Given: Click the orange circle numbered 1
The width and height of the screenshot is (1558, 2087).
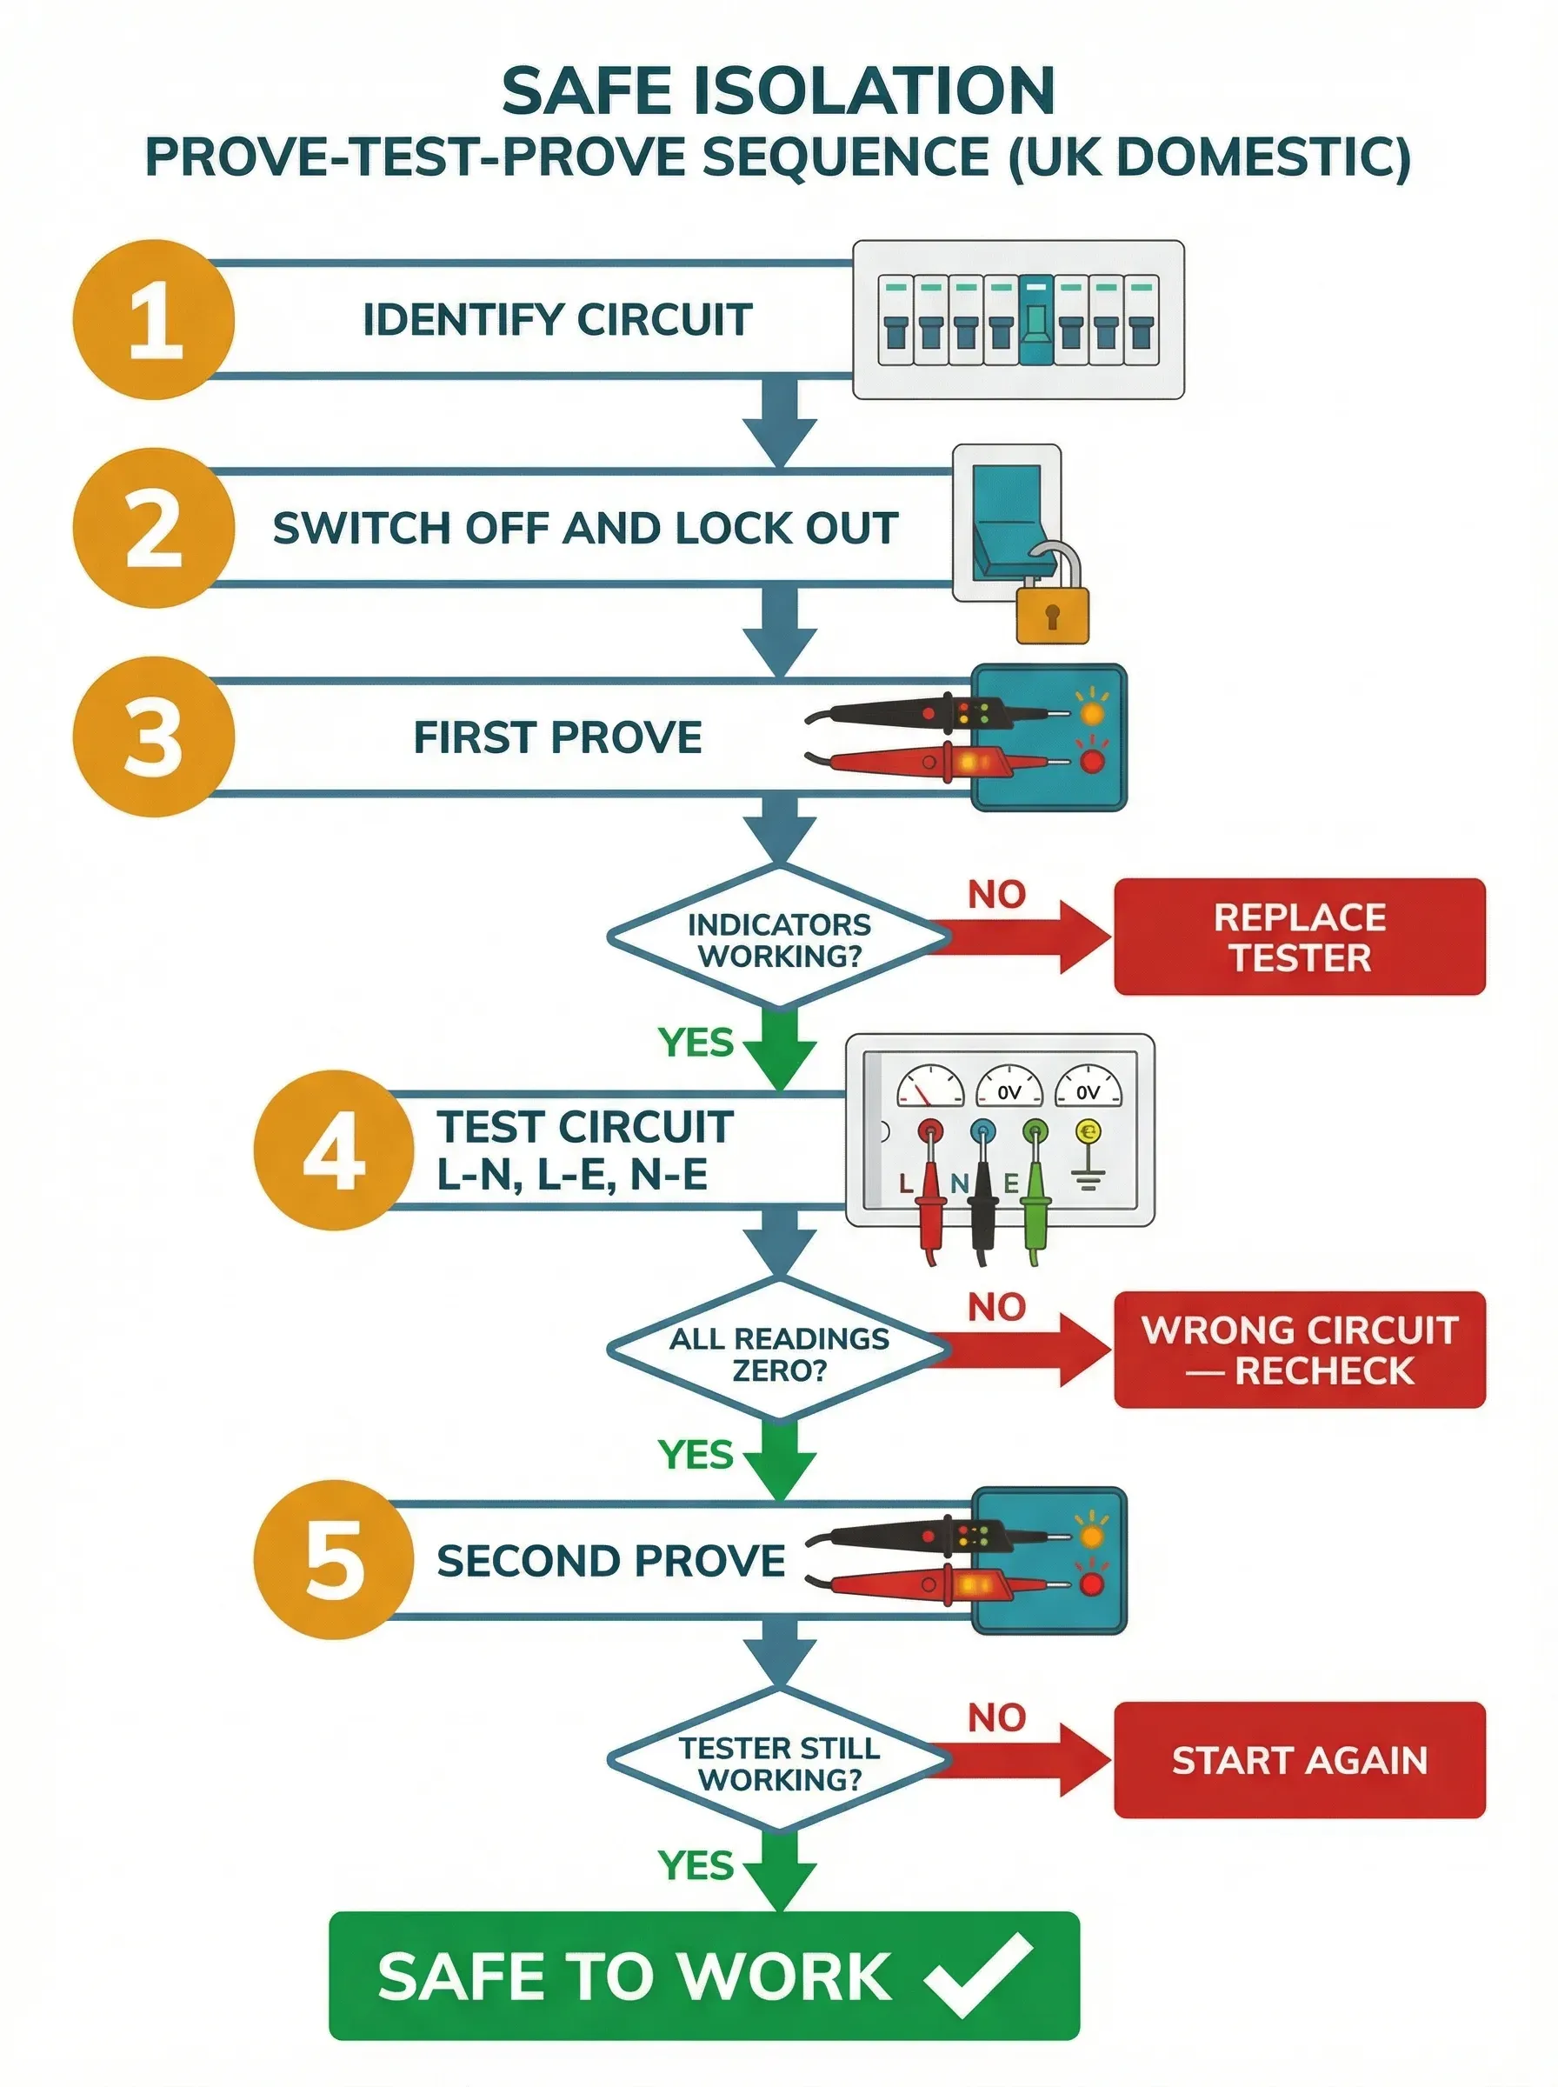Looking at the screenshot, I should (x=154, y=320).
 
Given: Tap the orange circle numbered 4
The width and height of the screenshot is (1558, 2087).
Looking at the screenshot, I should (x=334, y=1150).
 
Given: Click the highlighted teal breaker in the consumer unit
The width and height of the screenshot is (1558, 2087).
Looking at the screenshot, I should (x=1036, y=321).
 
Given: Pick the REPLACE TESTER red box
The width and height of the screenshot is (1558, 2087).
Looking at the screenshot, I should (x=1299, y=937).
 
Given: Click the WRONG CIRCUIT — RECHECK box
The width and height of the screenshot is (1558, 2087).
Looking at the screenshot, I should (x=1299, y=1350).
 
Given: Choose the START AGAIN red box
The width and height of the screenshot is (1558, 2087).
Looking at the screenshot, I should (x=1299, y=1760).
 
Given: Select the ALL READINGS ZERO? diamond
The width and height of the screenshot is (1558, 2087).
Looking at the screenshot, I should (x=779, y=1352).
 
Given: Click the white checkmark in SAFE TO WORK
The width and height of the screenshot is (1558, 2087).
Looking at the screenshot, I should (x=978, y=1974).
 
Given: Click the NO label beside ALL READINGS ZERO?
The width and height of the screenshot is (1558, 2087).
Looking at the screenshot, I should (x=995, y=1307).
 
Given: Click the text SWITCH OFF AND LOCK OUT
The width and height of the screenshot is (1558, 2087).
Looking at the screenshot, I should (x=585, y=528).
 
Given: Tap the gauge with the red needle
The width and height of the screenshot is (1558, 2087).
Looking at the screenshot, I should (x=929, y=1086).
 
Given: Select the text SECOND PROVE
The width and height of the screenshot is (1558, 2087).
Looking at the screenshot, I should (x=610, y=1561).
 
